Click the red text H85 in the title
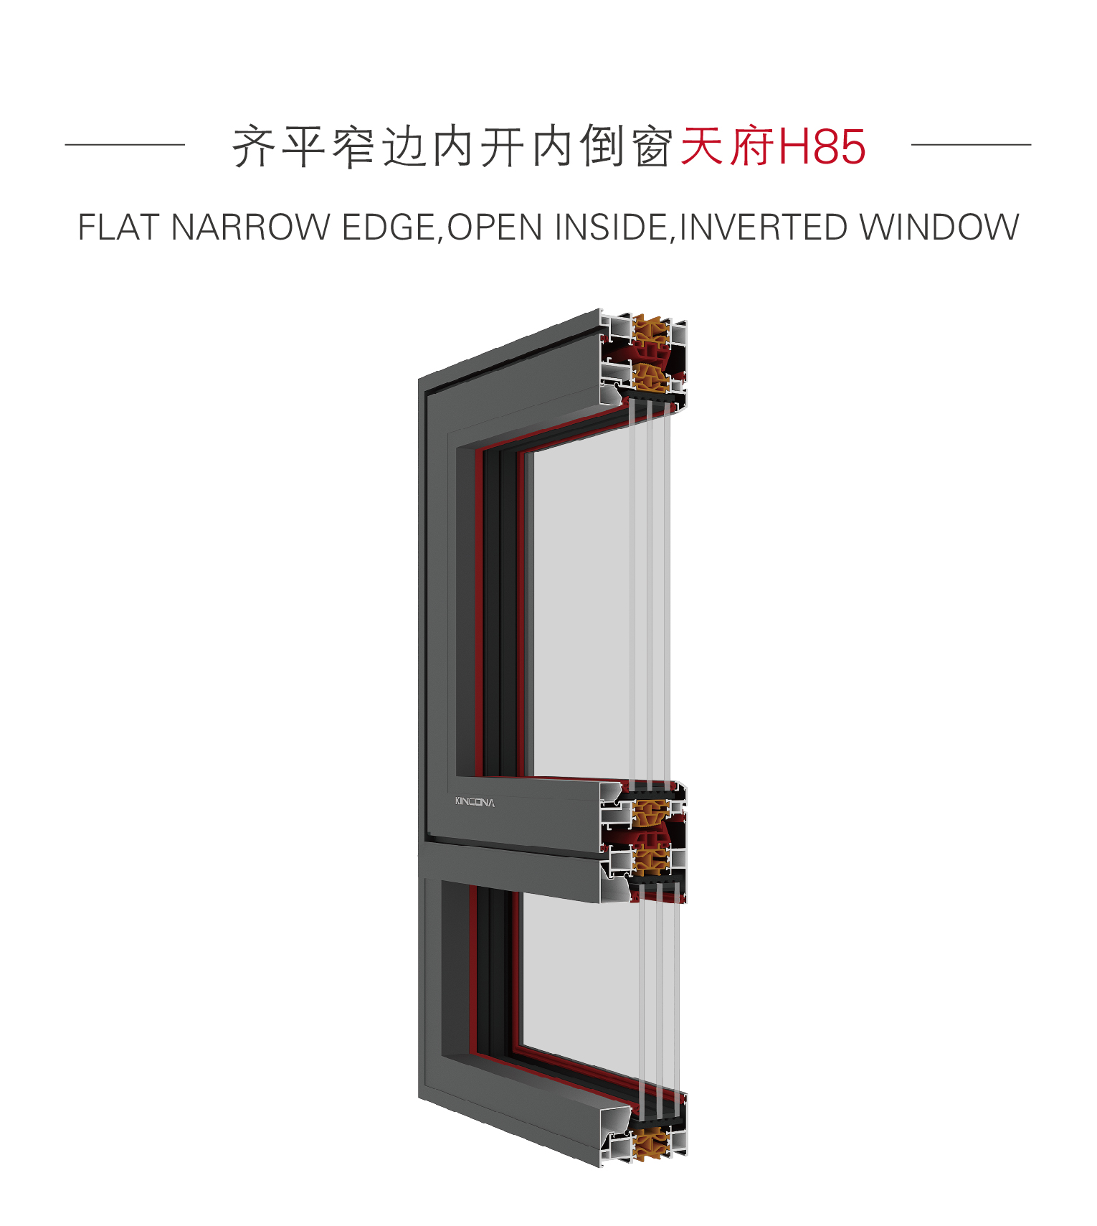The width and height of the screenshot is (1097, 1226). click(822, 146)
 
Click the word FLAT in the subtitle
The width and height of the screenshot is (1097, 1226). click(118, 227)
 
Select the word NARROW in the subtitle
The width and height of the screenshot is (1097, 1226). click(250, 227)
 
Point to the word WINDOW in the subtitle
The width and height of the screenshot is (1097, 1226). click(939, 227)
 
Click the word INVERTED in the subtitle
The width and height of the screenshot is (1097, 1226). click(763, 227)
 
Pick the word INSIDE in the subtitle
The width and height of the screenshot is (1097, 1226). click(612, 227)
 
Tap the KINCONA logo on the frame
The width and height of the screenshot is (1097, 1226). click(475, 801)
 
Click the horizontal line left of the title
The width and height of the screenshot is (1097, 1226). click(125, 144)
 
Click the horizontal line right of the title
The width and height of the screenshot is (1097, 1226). click(971, 144)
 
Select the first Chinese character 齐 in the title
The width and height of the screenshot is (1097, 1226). click(255, 146)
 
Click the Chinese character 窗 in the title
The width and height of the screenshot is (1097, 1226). click(652, 146)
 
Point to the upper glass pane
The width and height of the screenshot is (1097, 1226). click(581, 610)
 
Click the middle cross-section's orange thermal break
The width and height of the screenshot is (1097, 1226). click(651, 836)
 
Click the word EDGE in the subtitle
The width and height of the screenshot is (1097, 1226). click(387, 227)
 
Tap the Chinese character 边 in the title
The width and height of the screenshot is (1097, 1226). click(404, 146)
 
